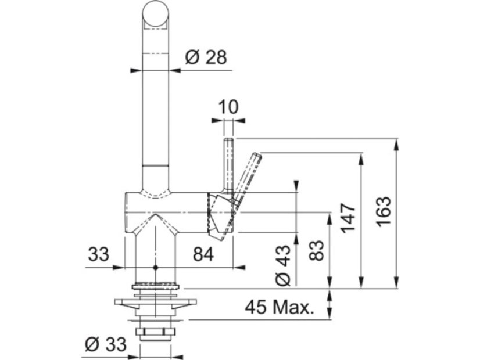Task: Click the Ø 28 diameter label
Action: tap(206, 57)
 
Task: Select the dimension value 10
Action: tap(228, 107)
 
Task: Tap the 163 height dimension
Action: tap(384, 212)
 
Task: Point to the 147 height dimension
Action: tap(349, 218)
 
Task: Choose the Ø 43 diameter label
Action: tap(283, 265)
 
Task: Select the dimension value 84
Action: tap(203, 254)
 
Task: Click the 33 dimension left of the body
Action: tap(99, 254)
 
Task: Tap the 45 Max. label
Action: tap(280, 307)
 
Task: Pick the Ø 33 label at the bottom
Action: tap(106, 344)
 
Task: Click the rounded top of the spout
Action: tap(156, 14)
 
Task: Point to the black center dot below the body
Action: tap(156, 268)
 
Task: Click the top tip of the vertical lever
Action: tap(229, 140)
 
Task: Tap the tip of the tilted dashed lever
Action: tap(258, 155)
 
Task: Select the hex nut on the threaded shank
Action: tap(156, 332)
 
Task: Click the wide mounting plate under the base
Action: tap(156, 302)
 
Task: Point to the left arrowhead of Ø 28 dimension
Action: tap(137, 71)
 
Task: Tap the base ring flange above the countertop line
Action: tap(156, 287)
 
